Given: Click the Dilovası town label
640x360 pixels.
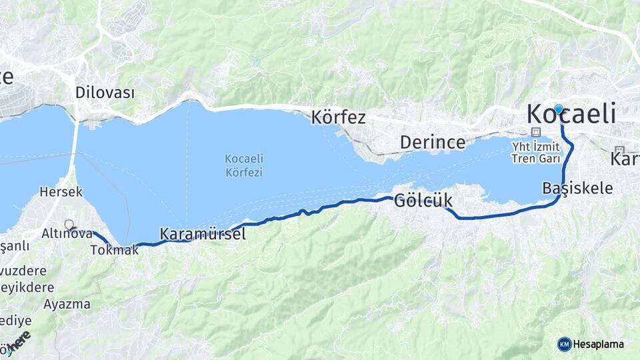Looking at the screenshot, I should [x=105, y=93].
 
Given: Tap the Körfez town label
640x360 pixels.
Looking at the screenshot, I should [x=339, y=118].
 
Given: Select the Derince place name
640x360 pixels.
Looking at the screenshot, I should [x=433, y=142].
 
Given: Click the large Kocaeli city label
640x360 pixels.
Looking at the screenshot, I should [x=571, y=114].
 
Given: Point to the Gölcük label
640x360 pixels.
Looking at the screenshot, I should [x=423, y=200].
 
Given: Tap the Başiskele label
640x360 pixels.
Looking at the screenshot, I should [x=577, y=188].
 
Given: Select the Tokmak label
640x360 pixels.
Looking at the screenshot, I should [x=113, y=251].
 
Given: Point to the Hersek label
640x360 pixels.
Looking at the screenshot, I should [x=61, y=192].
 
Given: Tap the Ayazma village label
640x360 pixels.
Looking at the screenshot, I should [x=67, y=304].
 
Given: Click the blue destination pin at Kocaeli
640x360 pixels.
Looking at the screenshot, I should [x=558, y=110].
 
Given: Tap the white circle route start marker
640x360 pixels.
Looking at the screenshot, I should [x=69, y=225].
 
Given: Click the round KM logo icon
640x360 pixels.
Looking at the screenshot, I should [x=564, y=344].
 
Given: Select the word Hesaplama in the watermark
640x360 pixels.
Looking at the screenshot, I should [x=599, y=344].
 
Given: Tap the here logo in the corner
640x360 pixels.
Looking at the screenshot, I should [x=18, y=341].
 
